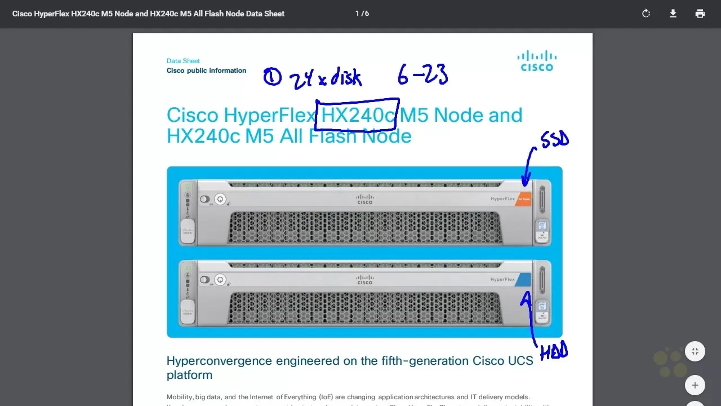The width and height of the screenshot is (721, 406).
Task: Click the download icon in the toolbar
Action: (x=673, y=14)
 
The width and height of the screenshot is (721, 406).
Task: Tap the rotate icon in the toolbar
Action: (x=646, y=14)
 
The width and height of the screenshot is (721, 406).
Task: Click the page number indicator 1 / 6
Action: (x=362, y=13)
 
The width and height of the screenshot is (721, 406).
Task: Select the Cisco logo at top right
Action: (x=537, y=61)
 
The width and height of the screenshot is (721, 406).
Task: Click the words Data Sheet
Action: (x=183, y=61)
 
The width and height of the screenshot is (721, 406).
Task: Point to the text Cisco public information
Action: (x=206, y=70)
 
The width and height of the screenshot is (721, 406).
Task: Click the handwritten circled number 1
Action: (x=272, y=77)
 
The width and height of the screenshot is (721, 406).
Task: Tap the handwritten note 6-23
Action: (x=422, y=74)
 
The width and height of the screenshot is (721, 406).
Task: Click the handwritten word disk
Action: (x=345, y=77)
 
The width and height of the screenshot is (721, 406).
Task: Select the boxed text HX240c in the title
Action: (x=358, y=115)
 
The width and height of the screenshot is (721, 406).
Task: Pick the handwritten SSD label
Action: (x=554, y=139)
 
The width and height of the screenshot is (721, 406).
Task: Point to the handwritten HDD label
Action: (x=554, y=352)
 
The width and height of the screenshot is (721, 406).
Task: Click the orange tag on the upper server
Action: (x=524, y=199)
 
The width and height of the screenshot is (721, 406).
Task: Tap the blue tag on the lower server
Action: (x=523, y=280)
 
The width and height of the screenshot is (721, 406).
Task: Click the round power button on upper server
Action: (x=220, y=199)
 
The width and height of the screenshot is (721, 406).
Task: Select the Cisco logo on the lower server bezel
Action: (x=365, y=279)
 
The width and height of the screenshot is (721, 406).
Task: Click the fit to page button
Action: (x=695, y=352)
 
